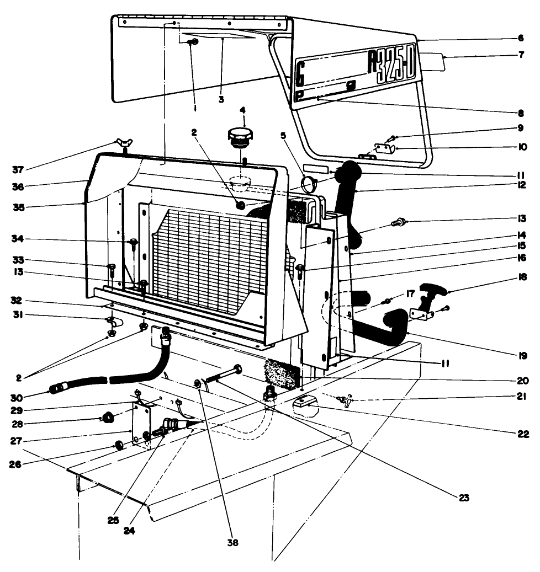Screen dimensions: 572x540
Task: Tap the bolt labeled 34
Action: coord(134,242)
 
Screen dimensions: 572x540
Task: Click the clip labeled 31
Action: coord(111,320)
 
